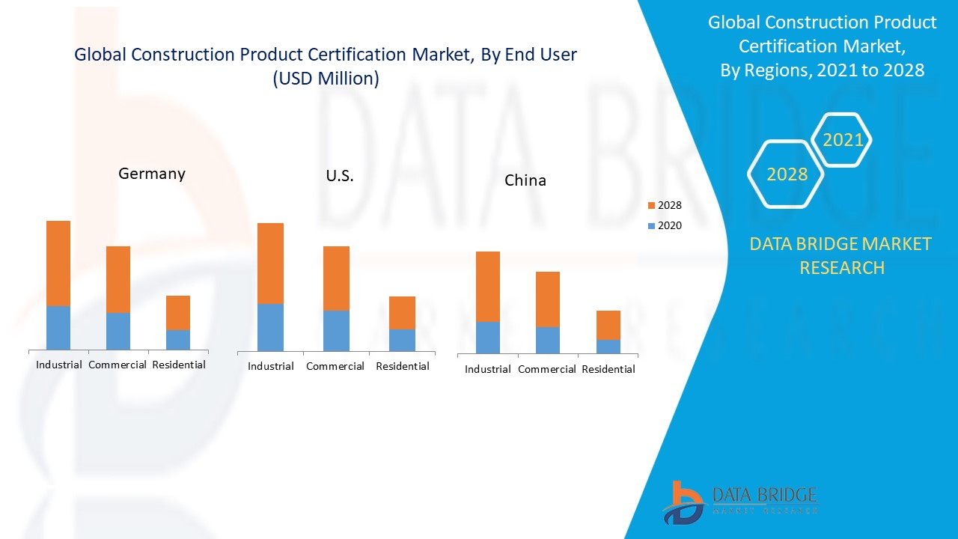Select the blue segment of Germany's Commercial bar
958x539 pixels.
tap(118, 331)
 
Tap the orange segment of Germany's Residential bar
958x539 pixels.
tap(178, 312)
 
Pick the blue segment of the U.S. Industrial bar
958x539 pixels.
tap(270, 327)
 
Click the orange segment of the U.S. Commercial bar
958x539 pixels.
tap(336, 278)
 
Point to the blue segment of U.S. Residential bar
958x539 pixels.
tap(402, 340)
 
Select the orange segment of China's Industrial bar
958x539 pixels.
tap(488, 286)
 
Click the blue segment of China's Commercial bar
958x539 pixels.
tap(548, 340)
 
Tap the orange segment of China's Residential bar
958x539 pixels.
tap(608, 325)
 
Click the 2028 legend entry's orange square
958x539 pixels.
tap(652, 205)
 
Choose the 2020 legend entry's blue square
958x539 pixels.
tap(652, 225)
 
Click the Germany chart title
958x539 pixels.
tap(152, 174)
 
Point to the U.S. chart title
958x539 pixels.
tap(340, 177)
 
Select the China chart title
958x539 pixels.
tap(525, 180)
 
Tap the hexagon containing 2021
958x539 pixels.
tap(843, 140)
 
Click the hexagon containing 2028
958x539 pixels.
tap(787, 174)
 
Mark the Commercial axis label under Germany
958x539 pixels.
tap(118, 365)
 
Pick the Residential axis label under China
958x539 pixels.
tap(608, 369)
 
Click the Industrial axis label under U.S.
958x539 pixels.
tap(271, 366)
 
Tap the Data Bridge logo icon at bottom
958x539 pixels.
tap(682, 502)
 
